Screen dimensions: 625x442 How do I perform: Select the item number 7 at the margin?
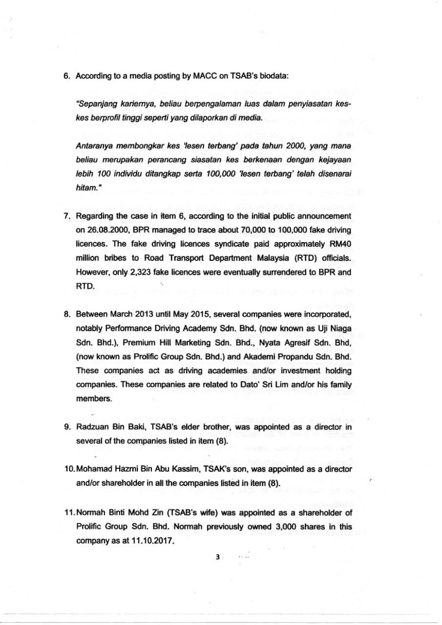[x=66, y=216]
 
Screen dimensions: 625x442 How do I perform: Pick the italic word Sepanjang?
[x=94, y=104]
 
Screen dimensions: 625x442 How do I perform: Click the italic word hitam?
[x=85, y=188]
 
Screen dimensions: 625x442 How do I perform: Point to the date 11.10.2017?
[x=152, y=542]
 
